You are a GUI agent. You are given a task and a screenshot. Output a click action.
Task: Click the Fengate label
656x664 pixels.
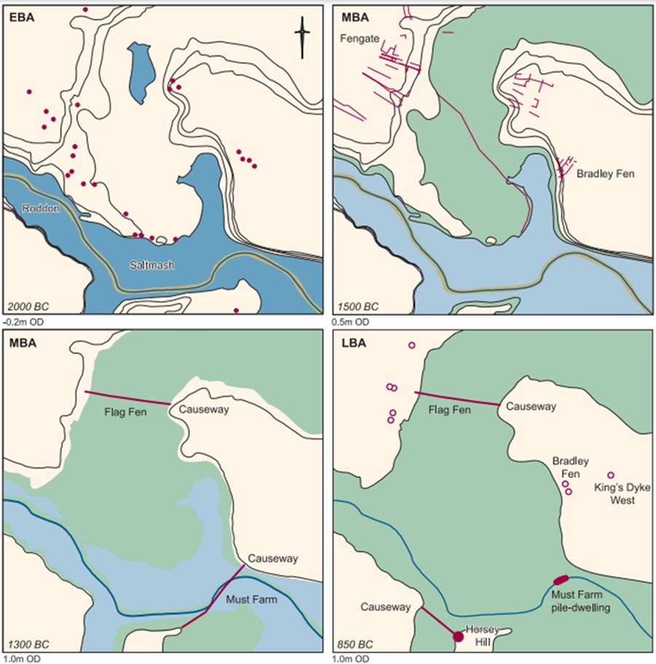point(359,38)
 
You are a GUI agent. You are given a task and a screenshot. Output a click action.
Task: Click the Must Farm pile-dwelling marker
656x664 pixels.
point(561,579)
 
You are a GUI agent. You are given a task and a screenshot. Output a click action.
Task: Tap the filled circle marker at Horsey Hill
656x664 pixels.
point(458,636)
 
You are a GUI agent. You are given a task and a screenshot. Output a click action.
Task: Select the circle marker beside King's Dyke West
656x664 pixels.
point(611,475)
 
